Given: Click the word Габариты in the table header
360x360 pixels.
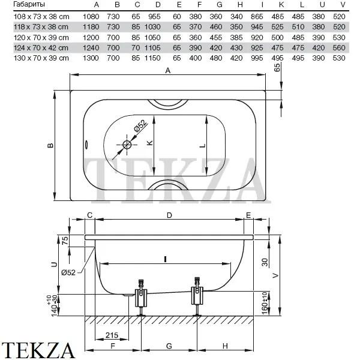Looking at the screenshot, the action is [29, 4].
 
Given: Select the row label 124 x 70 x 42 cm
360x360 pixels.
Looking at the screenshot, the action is [41, 48].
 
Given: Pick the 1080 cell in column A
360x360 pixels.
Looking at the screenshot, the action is [91, 17].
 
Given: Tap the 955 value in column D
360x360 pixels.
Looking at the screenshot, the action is [154, 17].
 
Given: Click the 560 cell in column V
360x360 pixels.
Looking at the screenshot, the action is [339, 48].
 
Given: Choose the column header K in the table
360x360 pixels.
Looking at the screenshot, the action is [281, 5].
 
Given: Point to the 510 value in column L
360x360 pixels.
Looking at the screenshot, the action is [298, 27].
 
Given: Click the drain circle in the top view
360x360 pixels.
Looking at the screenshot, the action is [127, 145].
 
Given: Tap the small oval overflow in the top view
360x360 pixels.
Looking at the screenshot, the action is [86, 145].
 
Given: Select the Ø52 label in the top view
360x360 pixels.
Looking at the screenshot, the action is [140, 125].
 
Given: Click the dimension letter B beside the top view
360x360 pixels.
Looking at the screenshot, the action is [50, 145].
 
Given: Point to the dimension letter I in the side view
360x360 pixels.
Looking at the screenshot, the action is [165, 259].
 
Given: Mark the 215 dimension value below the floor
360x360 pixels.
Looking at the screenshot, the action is [112, 335].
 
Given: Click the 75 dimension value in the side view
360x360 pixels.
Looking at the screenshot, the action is [65, 241].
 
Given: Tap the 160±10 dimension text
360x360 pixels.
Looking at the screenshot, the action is [265, 303].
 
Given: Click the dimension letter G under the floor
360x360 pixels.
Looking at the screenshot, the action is [169, 346].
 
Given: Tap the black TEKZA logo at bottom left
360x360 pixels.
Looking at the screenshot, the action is [38, 350].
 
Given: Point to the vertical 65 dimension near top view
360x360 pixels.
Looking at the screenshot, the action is [277, 67].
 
